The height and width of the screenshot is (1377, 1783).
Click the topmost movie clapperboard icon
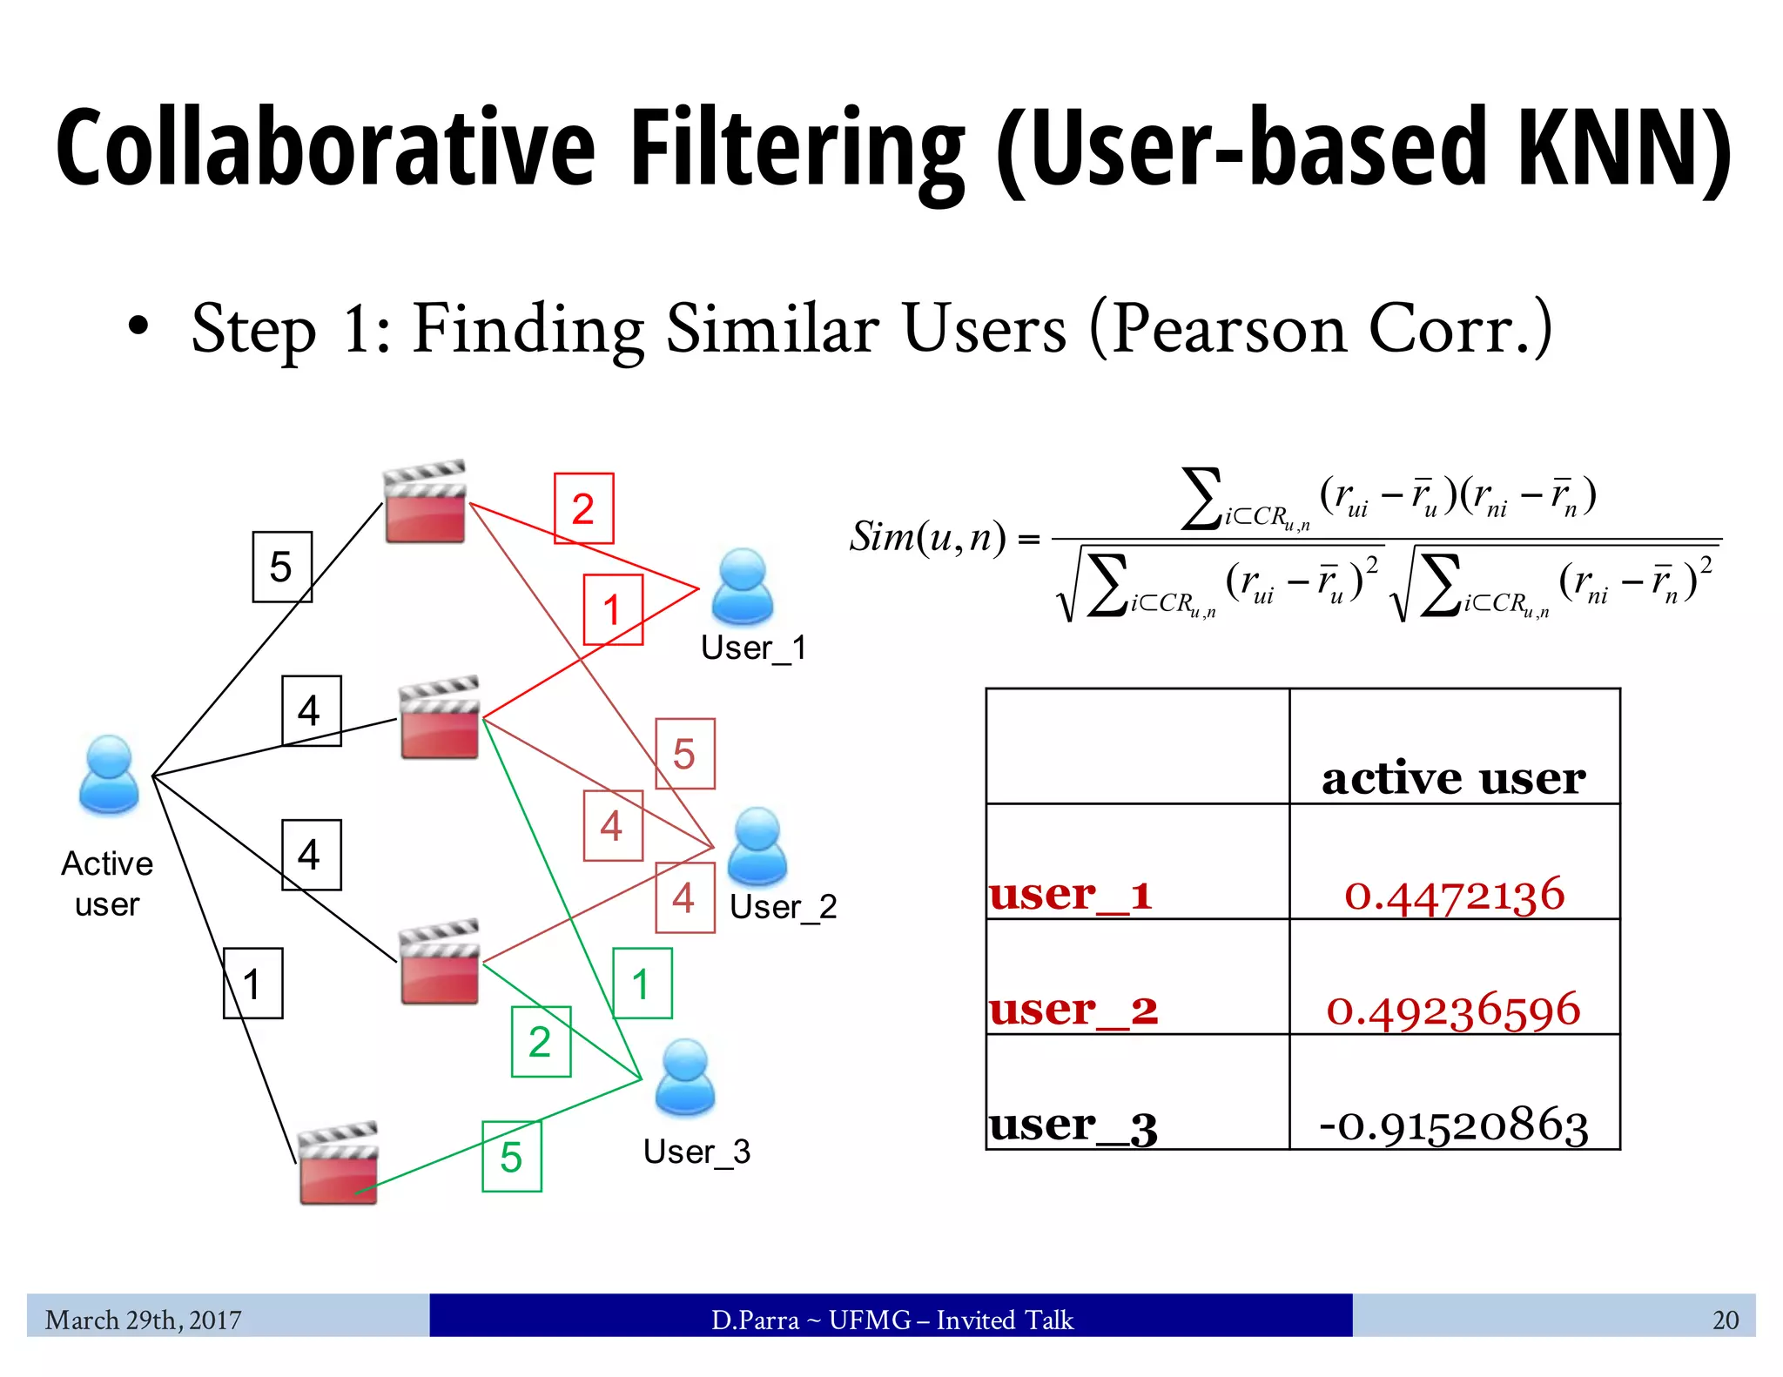[425, 502]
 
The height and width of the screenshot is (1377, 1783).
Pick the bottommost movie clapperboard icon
[338, 1163]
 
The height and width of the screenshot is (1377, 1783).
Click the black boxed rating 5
[281, 567]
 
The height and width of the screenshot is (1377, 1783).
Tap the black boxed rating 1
[252, 984]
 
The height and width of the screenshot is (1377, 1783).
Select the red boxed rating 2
[583, 508]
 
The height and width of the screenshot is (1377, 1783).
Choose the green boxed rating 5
[512, 1157]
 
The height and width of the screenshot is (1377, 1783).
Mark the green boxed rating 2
[541, 1042]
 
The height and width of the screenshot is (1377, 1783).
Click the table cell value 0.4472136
[1454, 894]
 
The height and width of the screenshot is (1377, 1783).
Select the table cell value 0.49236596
[1453, 1009]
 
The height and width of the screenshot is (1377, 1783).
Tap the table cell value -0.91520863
[1453, 1125]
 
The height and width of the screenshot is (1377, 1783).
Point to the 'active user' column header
[1453, 777]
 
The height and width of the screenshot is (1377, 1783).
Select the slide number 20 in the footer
[1725, 1320]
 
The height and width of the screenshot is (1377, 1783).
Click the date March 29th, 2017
[144, 1320]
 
